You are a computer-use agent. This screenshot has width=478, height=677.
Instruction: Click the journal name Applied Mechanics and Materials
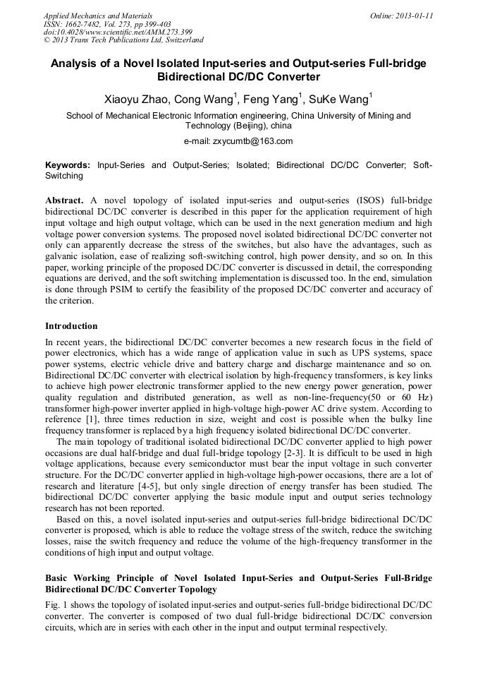coord(98,15)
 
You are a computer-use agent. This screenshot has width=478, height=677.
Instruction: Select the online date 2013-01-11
coord(413,15)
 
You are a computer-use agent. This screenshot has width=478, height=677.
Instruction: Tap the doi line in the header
coord(118,32)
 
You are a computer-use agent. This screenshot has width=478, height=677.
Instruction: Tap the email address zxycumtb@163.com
coord(252,140)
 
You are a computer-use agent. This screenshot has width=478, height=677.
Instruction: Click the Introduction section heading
coord(71,326)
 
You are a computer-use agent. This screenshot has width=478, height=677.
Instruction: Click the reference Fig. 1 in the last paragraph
coord(56,605)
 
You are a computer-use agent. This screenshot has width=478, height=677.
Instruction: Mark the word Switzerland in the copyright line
coord(180,40)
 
